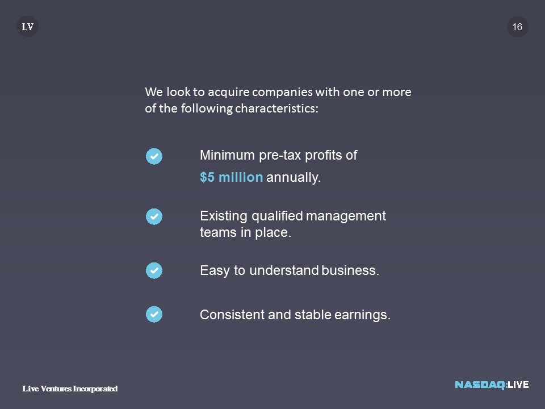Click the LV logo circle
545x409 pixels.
click(x=27, y=27)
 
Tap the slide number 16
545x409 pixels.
click(x=517, y=27)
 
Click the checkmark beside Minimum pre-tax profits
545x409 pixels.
click(x=154, y=156)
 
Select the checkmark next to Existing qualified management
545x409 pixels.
click(x=154, y=216)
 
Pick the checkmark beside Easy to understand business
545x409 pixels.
click(x=154, y=270)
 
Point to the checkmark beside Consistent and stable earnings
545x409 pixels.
click(x=154, y=314)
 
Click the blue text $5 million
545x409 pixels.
click(x=231, y=177)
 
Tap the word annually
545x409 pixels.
click(x=294, y=177)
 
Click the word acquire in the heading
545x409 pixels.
click(x=229, y=93)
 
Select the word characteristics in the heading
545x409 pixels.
click(x=276, y=108)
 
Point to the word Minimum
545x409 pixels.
click(x=227, y=155)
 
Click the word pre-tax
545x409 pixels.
click(x=280, y=156)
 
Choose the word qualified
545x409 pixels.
click(x=276, y=216)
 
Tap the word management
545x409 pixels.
click(x=346, y=216)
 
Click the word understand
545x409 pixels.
click(x=284, y=270)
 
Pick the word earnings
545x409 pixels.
click(x=363, y=315)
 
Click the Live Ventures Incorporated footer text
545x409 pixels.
click(x=70, y=389)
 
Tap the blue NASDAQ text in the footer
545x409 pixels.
click(x=480, y=385)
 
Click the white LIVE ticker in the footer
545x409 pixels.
click(x=518, y=385)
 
